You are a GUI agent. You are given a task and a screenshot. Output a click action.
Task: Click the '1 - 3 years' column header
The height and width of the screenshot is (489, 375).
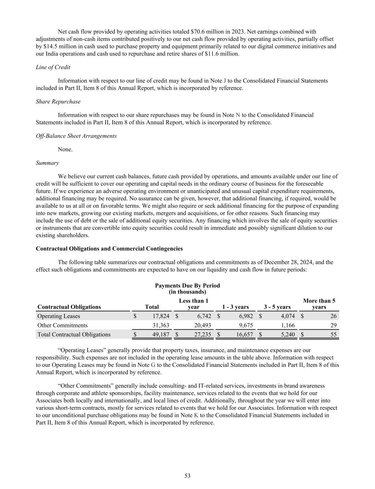tap(235, 307)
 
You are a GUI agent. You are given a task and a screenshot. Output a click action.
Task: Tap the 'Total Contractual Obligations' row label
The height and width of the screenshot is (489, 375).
tap(74, 335)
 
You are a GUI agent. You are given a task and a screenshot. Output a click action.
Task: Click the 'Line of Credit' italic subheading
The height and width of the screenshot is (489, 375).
tap(53, 67)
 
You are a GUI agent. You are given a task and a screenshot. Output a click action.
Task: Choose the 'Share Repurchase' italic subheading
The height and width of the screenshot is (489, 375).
tap(58, 101)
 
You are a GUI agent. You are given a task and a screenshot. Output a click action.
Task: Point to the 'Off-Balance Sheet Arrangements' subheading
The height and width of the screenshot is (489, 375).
tap(76, 136)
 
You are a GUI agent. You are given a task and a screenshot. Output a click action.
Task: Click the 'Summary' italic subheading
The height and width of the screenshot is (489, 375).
tap(47, 163)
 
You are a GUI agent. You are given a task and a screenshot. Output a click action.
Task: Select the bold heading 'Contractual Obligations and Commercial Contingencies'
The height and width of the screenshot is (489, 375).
tap(109, 249)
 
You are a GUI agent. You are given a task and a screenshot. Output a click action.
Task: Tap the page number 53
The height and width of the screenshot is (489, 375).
tap(187, 476)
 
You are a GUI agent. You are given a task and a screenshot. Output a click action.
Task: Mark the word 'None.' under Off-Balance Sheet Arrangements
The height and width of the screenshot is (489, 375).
tap(65, 149)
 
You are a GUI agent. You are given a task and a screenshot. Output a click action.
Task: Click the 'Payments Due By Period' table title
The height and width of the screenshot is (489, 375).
tap(187, 286)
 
